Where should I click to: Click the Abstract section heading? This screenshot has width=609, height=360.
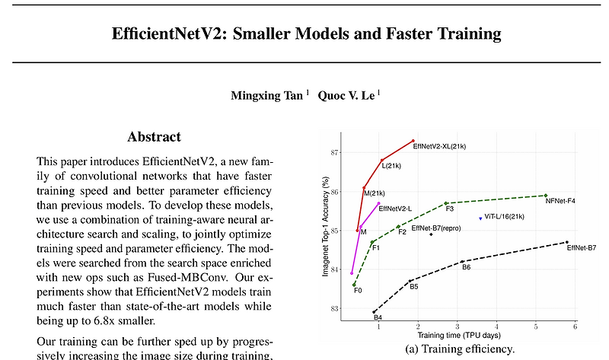point(154,137)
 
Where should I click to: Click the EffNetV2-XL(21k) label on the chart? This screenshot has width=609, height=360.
point(439,145)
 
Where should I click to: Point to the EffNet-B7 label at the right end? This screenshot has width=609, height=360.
point(581,248)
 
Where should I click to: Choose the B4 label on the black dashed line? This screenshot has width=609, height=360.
point(378,317)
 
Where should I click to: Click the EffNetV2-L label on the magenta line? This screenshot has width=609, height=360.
point(395,208)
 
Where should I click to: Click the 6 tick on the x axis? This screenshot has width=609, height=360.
point(575,326)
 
